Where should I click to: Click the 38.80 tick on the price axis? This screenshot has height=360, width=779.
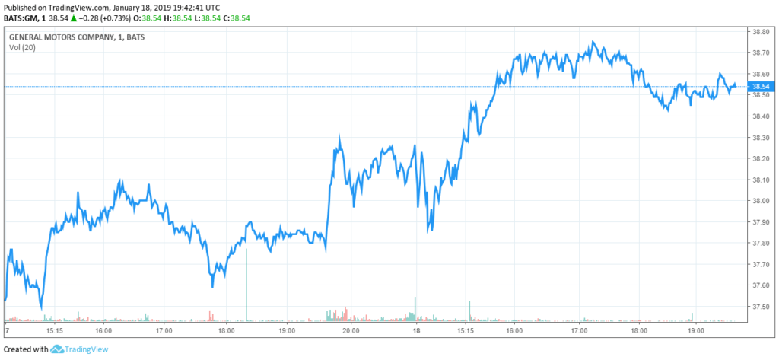coord(762,32)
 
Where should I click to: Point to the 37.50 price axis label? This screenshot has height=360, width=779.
coord(762,307)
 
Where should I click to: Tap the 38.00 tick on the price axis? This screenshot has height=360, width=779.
coord(762,201)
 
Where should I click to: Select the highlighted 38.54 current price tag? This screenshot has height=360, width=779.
coord(762,87)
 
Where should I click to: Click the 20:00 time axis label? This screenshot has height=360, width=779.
coord(351,332)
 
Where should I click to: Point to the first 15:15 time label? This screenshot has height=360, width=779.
coord(54,332)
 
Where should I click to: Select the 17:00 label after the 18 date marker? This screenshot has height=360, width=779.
coord(579,332)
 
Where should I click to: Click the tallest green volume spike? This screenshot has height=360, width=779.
coord(247,282)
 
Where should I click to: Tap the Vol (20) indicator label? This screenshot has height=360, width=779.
coord(22,47)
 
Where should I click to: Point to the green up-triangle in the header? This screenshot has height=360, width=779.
coord(72,18)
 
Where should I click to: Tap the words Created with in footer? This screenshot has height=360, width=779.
coord(26,349)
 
